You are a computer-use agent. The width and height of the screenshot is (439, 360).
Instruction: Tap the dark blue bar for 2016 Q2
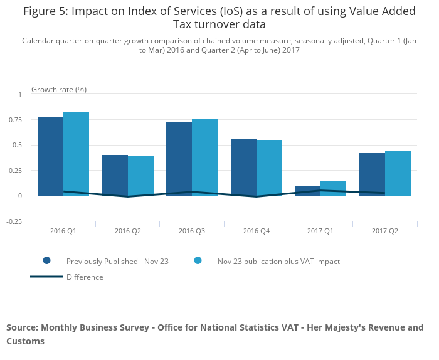click(x=115, y=175)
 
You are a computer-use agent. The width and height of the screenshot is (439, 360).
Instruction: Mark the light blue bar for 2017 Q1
click(x=333, y=188)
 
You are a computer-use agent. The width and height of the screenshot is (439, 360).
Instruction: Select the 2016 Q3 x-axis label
click(x=192, y=231)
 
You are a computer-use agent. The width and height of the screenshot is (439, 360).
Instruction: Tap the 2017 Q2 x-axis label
click(x=384, y=231)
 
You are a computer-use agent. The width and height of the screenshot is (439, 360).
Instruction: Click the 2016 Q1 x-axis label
click(x=63, y=231)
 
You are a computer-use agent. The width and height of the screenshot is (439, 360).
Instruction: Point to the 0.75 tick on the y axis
click(x=15, y=120)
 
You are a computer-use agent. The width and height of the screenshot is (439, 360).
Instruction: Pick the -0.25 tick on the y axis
click(x=14, y=221)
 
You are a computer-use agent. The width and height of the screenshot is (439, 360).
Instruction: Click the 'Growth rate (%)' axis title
click(x=59, y=90)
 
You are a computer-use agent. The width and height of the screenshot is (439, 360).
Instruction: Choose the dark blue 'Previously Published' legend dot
click(x=46, y=261)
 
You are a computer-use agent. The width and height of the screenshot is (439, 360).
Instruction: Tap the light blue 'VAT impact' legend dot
click(x=198, y=261)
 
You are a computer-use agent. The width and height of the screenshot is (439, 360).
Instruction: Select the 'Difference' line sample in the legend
click(x=46, y=277)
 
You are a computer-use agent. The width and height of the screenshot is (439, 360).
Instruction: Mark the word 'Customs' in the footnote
click(x=26, y=341)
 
